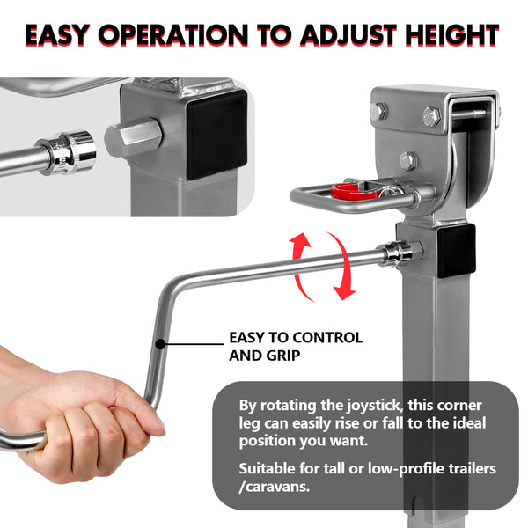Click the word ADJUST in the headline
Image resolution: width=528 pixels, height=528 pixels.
click(x=353, y=35)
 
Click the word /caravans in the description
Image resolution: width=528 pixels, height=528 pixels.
click(x=279, y=485)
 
